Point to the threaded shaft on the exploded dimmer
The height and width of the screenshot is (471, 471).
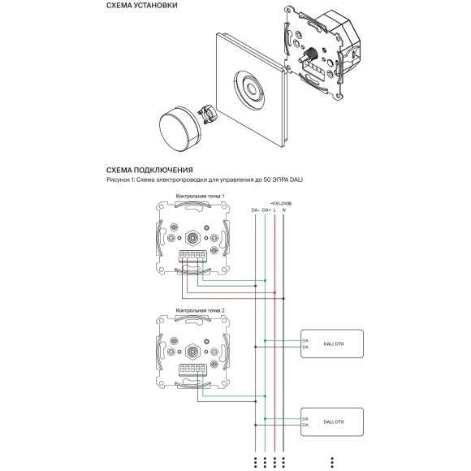tap(309, 58)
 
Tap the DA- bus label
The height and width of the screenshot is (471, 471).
tap(254, 210)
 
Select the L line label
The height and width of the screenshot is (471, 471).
tap(275, 210)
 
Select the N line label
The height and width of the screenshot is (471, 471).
tap(284, 210)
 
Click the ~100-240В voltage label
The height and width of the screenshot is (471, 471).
tap(281, 203)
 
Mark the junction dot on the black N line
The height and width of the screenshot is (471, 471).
tap(284, 295)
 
